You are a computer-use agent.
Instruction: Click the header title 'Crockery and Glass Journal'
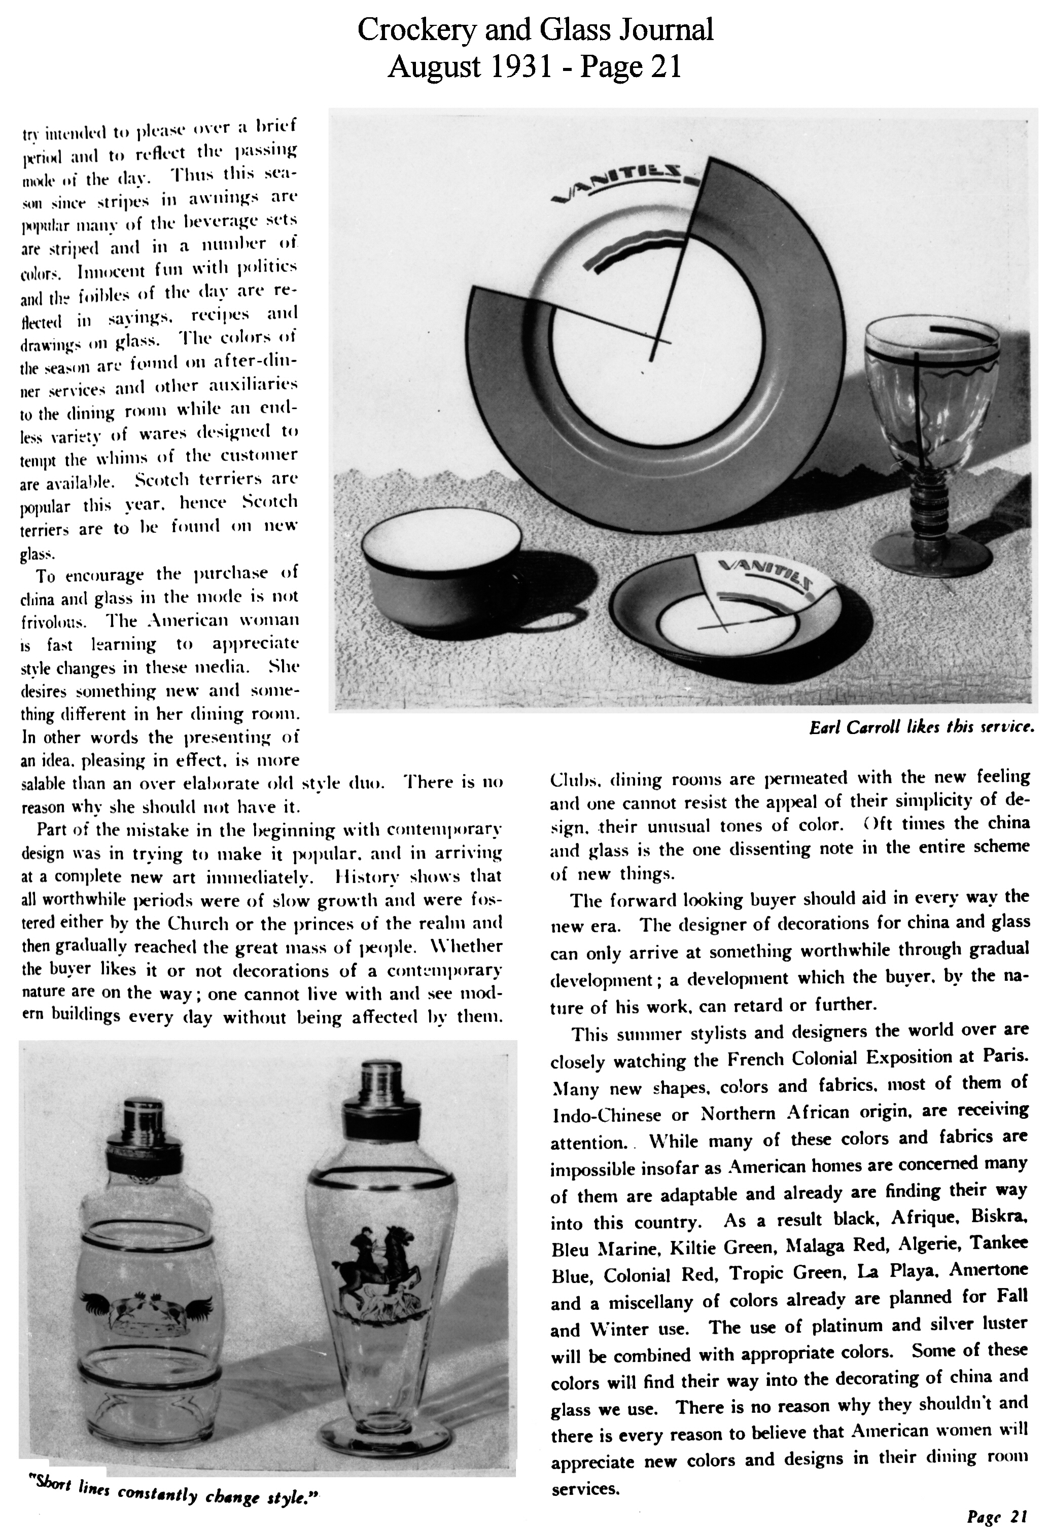pyautogui.click(x=535, y=30)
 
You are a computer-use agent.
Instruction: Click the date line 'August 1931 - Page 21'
pyautogui.click(x=535, y=67)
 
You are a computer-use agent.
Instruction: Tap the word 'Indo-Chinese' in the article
pyautogui.click(x=607, y=1114)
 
